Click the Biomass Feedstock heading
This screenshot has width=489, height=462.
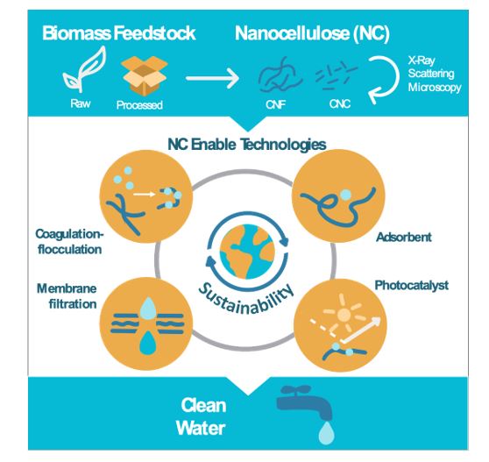(119, 33)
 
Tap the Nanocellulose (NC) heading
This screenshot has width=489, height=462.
(312, 33)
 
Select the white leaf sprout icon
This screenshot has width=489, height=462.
(84, 69)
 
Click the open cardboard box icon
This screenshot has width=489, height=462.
(145, 75)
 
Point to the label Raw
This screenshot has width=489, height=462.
(81, 103)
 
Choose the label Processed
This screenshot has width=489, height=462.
(139, 105)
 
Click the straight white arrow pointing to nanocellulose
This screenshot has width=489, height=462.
(212, 78)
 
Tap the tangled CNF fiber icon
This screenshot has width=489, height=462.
(280, 75)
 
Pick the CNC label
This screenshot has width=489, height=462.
(340, 103)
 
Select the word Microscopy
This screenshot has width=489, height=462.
(435, 88)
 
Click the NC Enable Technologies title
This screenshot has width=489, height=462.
(247, 145)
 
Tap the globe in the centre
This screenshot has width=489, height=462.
(247, 252)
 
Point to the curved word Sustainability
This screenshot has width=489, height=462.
(246, 299)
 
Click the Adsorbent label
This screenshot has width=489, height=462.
(404, 238)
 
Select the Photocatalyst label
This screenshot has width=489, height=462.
(412, 286)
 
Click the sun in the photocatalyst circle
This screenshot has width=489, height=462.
(344, 314)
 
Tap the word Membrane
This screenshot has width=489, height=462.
(67, 288)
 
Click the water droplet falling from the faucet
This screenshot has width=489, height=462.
(326, 433)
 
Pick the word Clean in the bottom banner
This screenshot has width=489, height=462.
(203, 406)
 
